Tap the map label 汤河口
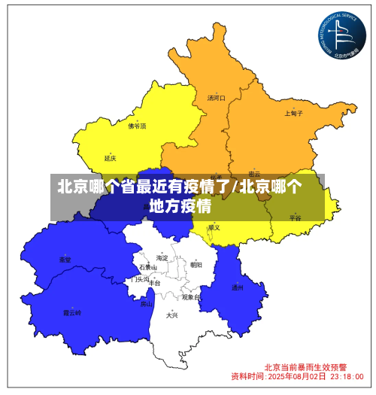click(x=217, y=98)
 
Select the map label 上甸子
click(x=293, y=114)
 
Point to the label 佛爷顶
click(x=137, y=126)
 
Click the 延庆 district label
click(x=111, y=158)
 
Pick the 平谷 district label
click(x=294, y=217)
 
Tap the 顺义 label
click(x=214, y=226)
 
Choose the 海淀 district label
click(x=162, y=257)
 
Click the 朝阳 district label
click(x=196, y=264)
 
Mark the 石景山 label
click(x=147, y=267)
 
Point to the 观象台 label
click(x=191, y=296)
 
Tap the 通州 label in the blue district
click(x=237, y=287)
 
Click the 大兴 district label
click(x=172, y=315)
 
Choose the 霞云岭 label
click(x=72, y=311)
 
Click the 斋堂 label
click(x=65, y=259)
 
